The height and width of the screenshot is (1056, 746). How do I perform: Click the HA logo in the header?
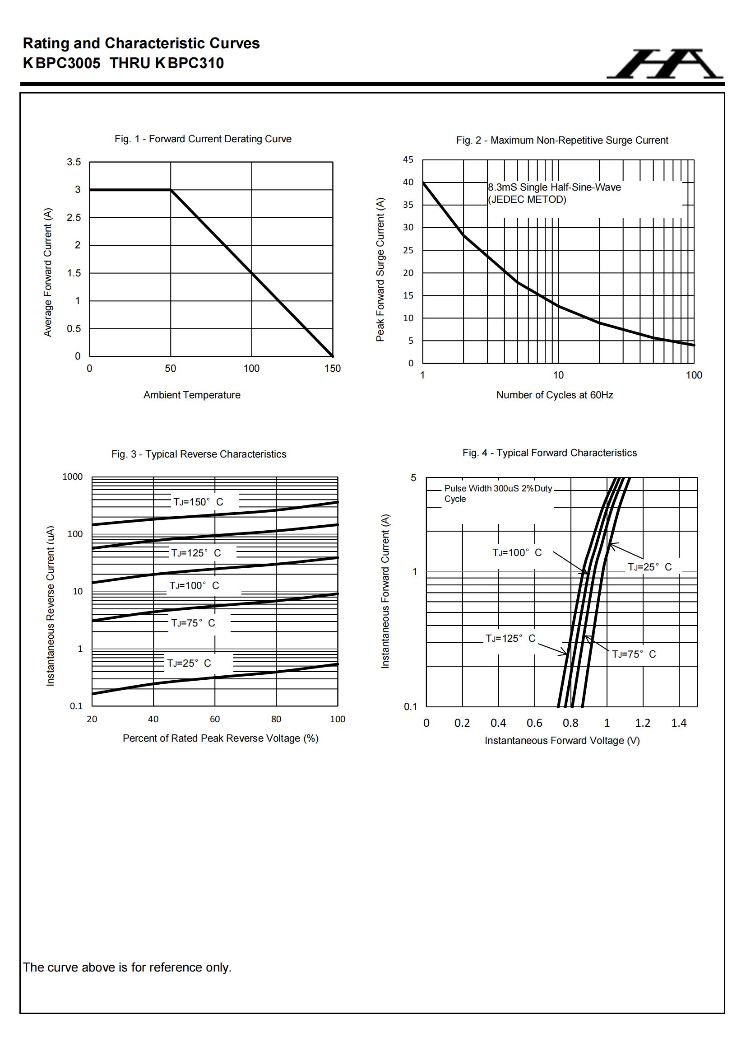click(665, 64)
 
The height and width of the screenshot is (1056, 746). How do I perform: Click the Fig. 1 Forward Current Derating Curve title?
click(203, 139)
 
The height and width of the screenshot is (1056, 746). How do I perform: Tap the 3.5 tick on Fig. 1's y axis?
click(74, 162)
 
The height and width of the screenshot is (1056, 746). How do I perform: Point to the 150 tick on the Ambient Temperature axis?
click(332, 369)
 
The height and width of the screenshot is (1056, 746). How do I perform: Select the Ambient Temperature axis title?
click(192, 395)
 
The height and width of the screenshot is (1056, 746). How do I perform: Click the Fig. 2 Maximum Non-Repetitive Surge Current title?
click(562, 140)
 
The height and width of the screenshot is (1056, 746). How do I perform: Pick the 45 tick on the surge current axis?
click(408, 159)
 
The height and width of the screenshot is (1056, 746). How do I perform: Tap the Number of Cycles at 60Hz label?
click(554, 395)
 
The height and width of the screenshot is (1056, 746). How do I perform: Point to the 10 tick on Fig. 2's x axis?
click(558, 375)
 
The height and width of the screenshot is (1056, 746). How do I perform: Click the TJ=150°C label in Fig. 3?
click(198, 502)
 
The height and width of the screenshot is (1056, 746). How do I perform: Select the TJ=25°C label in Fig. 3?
click(189, 663)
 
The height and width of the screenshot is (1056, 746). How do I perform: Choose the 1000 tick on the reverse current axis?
click(73, 477)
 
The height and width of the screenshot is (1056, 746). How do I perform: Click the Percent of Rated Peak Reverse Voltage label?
click(220, 738)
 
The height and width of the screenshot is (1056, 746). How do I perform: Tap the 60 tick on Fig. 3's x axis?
click(215, 720)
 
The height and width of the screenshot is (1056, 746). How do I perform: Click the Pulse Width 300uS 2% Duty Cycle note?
click(498, 494)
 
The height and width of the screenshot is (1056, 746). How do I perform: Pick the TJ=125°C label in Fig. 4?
click(511, 638)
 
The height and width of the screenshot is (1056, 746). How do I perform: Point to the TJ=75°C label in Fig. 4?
click(634, 654)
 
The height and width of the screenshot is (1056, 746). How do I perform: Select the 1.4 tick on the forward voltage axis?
click(678, 723)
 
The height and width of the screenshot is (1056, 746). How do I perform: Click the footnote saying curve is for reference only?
click(127, 967)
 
